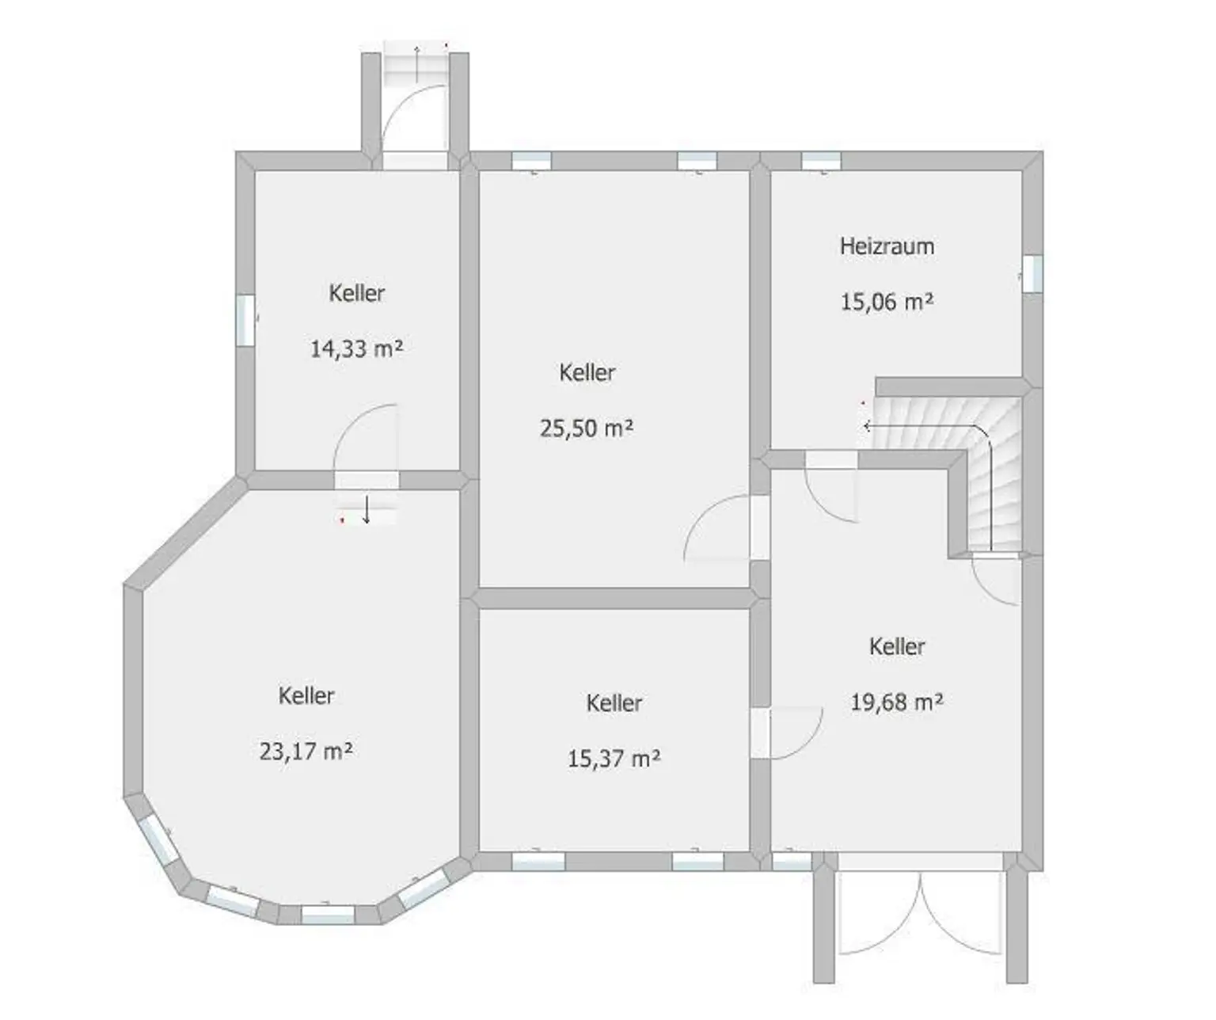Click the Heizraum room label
[887, 246]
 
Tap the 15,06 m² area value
[887, 302]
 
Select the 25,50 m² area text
[587, 428]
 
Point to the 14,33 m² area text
[356, 348]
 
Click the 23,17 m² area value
[306, 751]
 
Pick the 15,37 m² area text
[614, 759]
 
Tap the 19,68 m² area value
[897, 702]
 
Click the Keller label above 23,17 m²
[306, 695]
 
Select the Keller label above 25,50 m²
[587, 372]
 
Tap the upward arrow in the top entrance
[417, 56]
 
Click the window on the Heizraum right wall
[1032, 273]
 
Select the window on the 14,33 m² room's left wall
[245, 320]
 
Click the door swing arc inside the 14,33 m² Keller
[360, 432]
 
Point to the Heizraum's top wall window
[821, 161]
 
